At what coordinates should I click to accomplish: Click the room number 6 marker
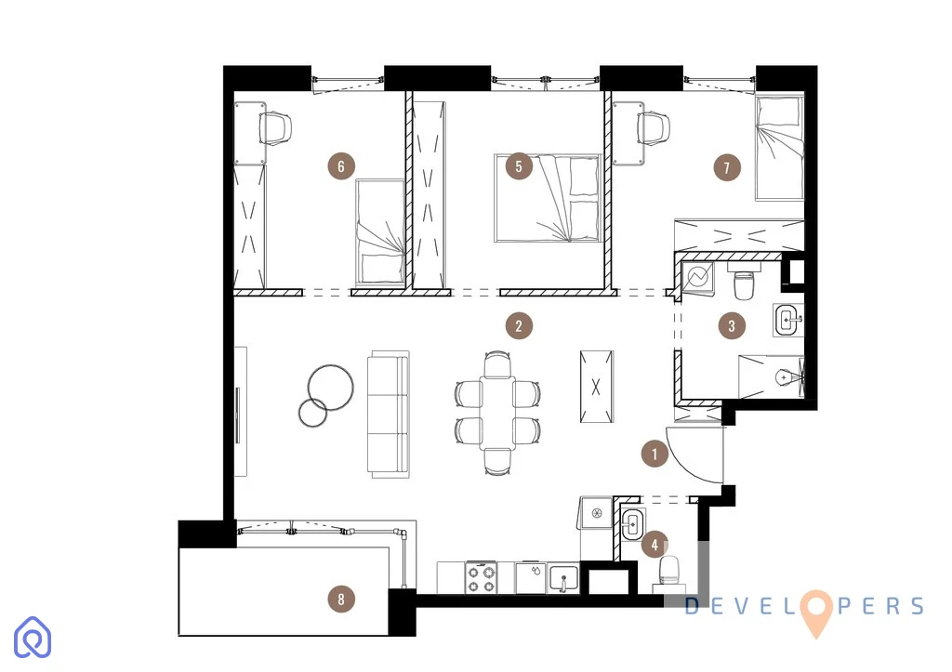[x=341, y=166]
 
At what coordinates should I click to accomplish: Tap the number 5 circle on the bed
[x=519, y=166]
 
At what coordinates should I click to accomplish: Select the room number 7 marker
[x=727, y=167]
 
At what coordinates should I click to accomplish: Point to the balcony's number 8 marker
[x=341, y=600]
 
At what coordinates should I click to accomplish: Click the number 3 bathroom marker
[x=732, y=326]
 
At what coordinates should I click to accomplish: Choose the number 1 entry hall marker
[x=654, y=454]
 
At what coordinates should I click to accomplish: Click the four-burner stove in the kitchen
[x=482, y=578]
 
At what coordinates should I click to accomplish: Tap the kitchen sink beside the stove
[x=563, y=578]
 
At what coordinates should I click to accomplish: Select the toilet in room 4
[x=668, y=572]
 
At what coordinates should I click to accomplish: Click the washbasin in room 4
[x=632, y=522]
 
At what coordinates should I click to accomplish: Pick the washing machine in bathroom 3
[x=698, y=278]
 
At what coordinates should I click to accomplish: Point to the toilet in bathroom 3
[x=744, y=282]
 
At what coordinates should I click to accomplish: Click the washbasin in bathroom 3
[x=788, y=320]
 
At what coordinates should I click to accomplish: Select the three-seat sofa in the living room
[x=388, y=414]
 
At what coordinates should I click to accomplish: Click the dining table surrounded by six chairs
[x=497, y=413]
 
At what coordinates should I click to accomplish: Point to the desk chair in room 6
[x=275, y=128]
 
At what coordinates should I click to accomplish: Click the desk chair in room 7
[x=654, y=128]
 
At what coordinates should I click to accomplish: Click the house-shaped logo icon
[x=33, y=638]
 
